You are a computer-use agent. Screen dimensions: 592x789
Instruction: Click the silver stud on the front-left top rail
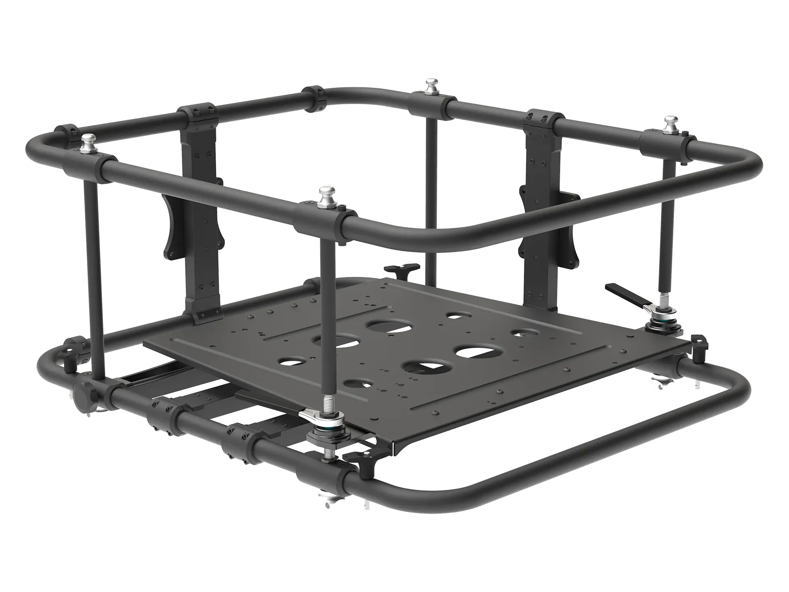pos(89,141)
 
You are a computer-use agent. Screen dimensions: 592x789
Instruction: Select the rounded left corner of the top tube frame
pos(39,144)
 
